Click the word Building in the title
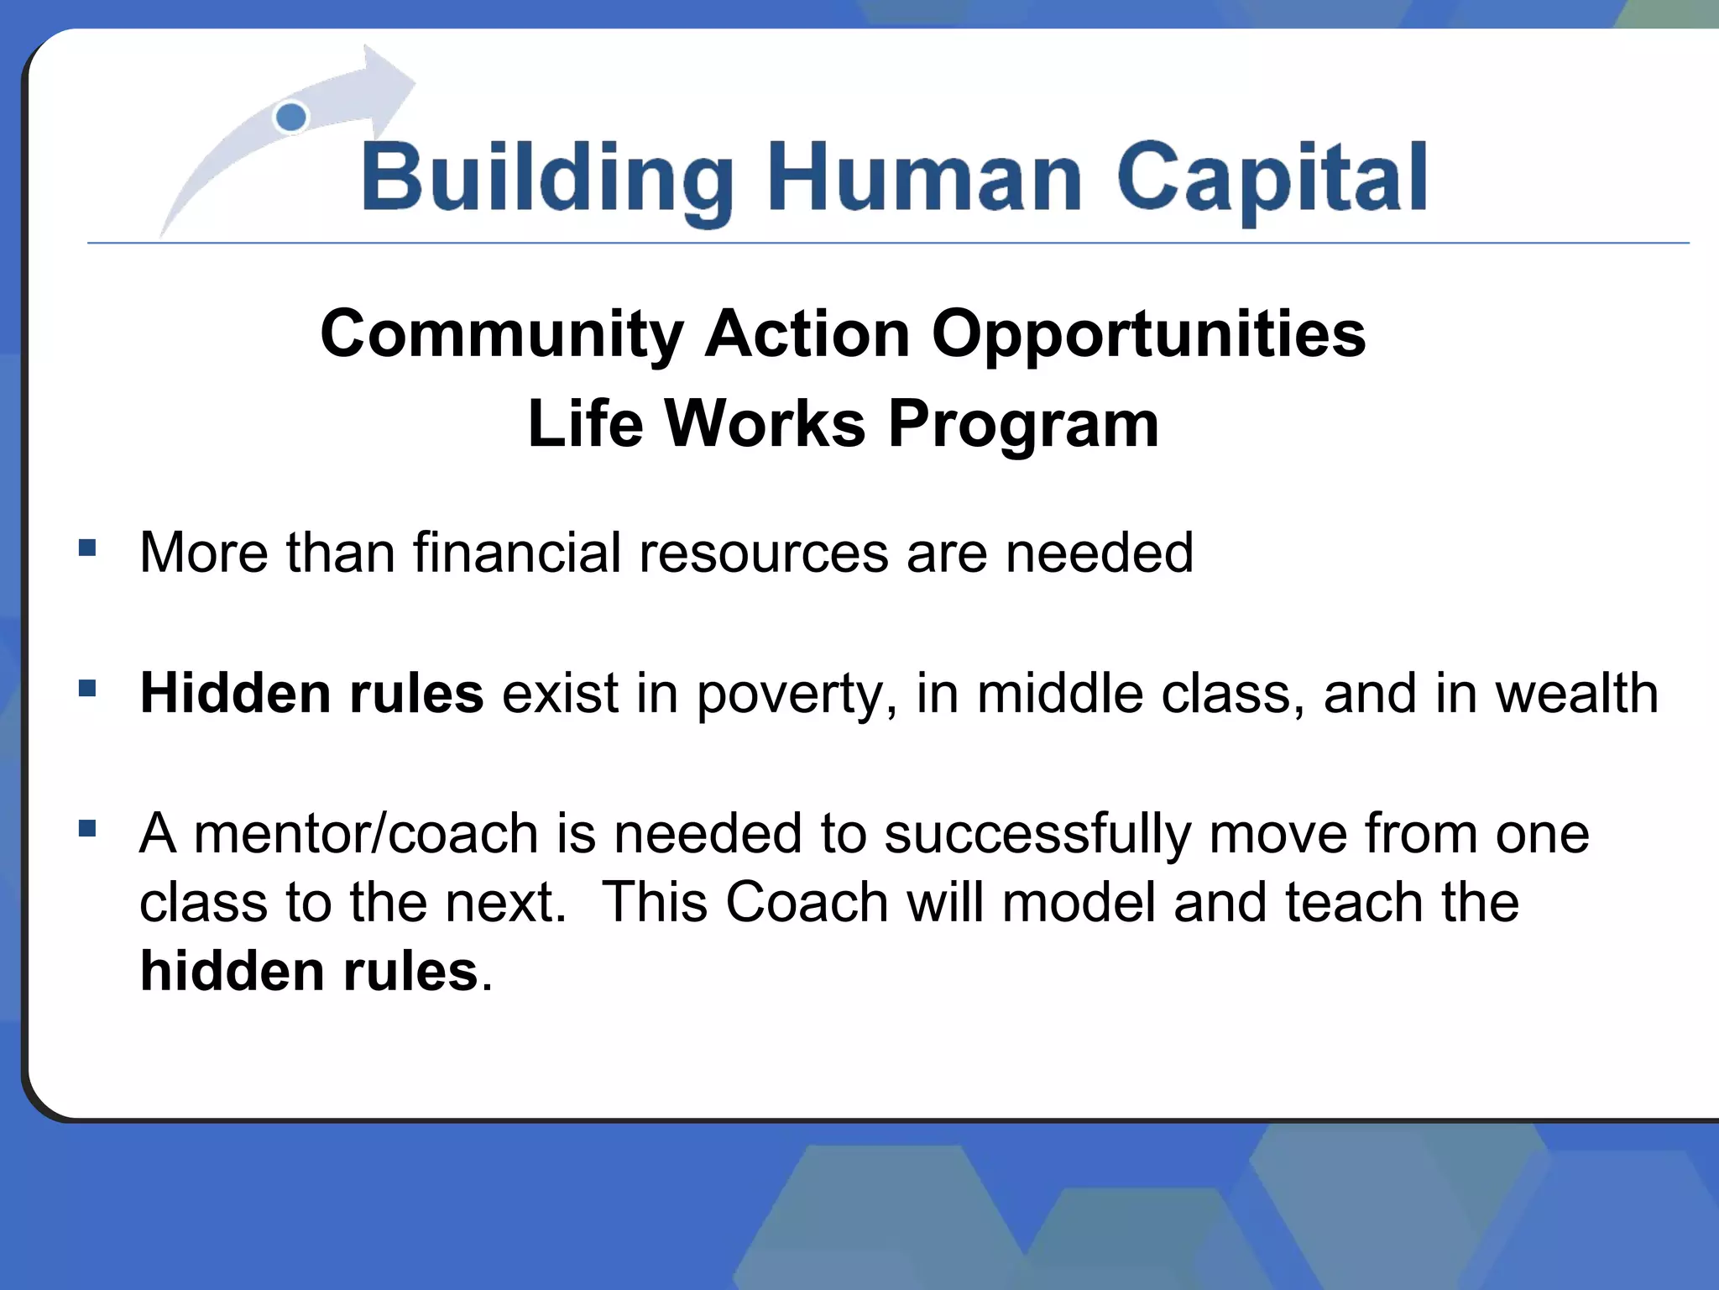(x=546, y=178)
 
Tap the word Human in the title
(x=924, y=178)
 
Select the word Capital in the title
(x=1271, y=178)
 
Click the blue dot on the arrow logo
(x=291, y=118)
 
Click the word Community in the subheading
(x=501, y=334)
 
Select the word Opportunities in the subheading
(x=1148, y=334)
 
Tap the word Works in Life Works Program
(x=765, y=423)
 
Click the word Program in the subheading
(x=1023, y=425)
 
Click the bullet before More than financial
(x=87, y=548)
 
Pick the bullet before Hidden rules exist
(x=87, y=689)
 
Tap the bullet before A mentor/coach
(x=87, y=829)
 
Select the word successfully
(x=1037, y=836)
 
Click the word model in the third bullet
(x=1078, y=903)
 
